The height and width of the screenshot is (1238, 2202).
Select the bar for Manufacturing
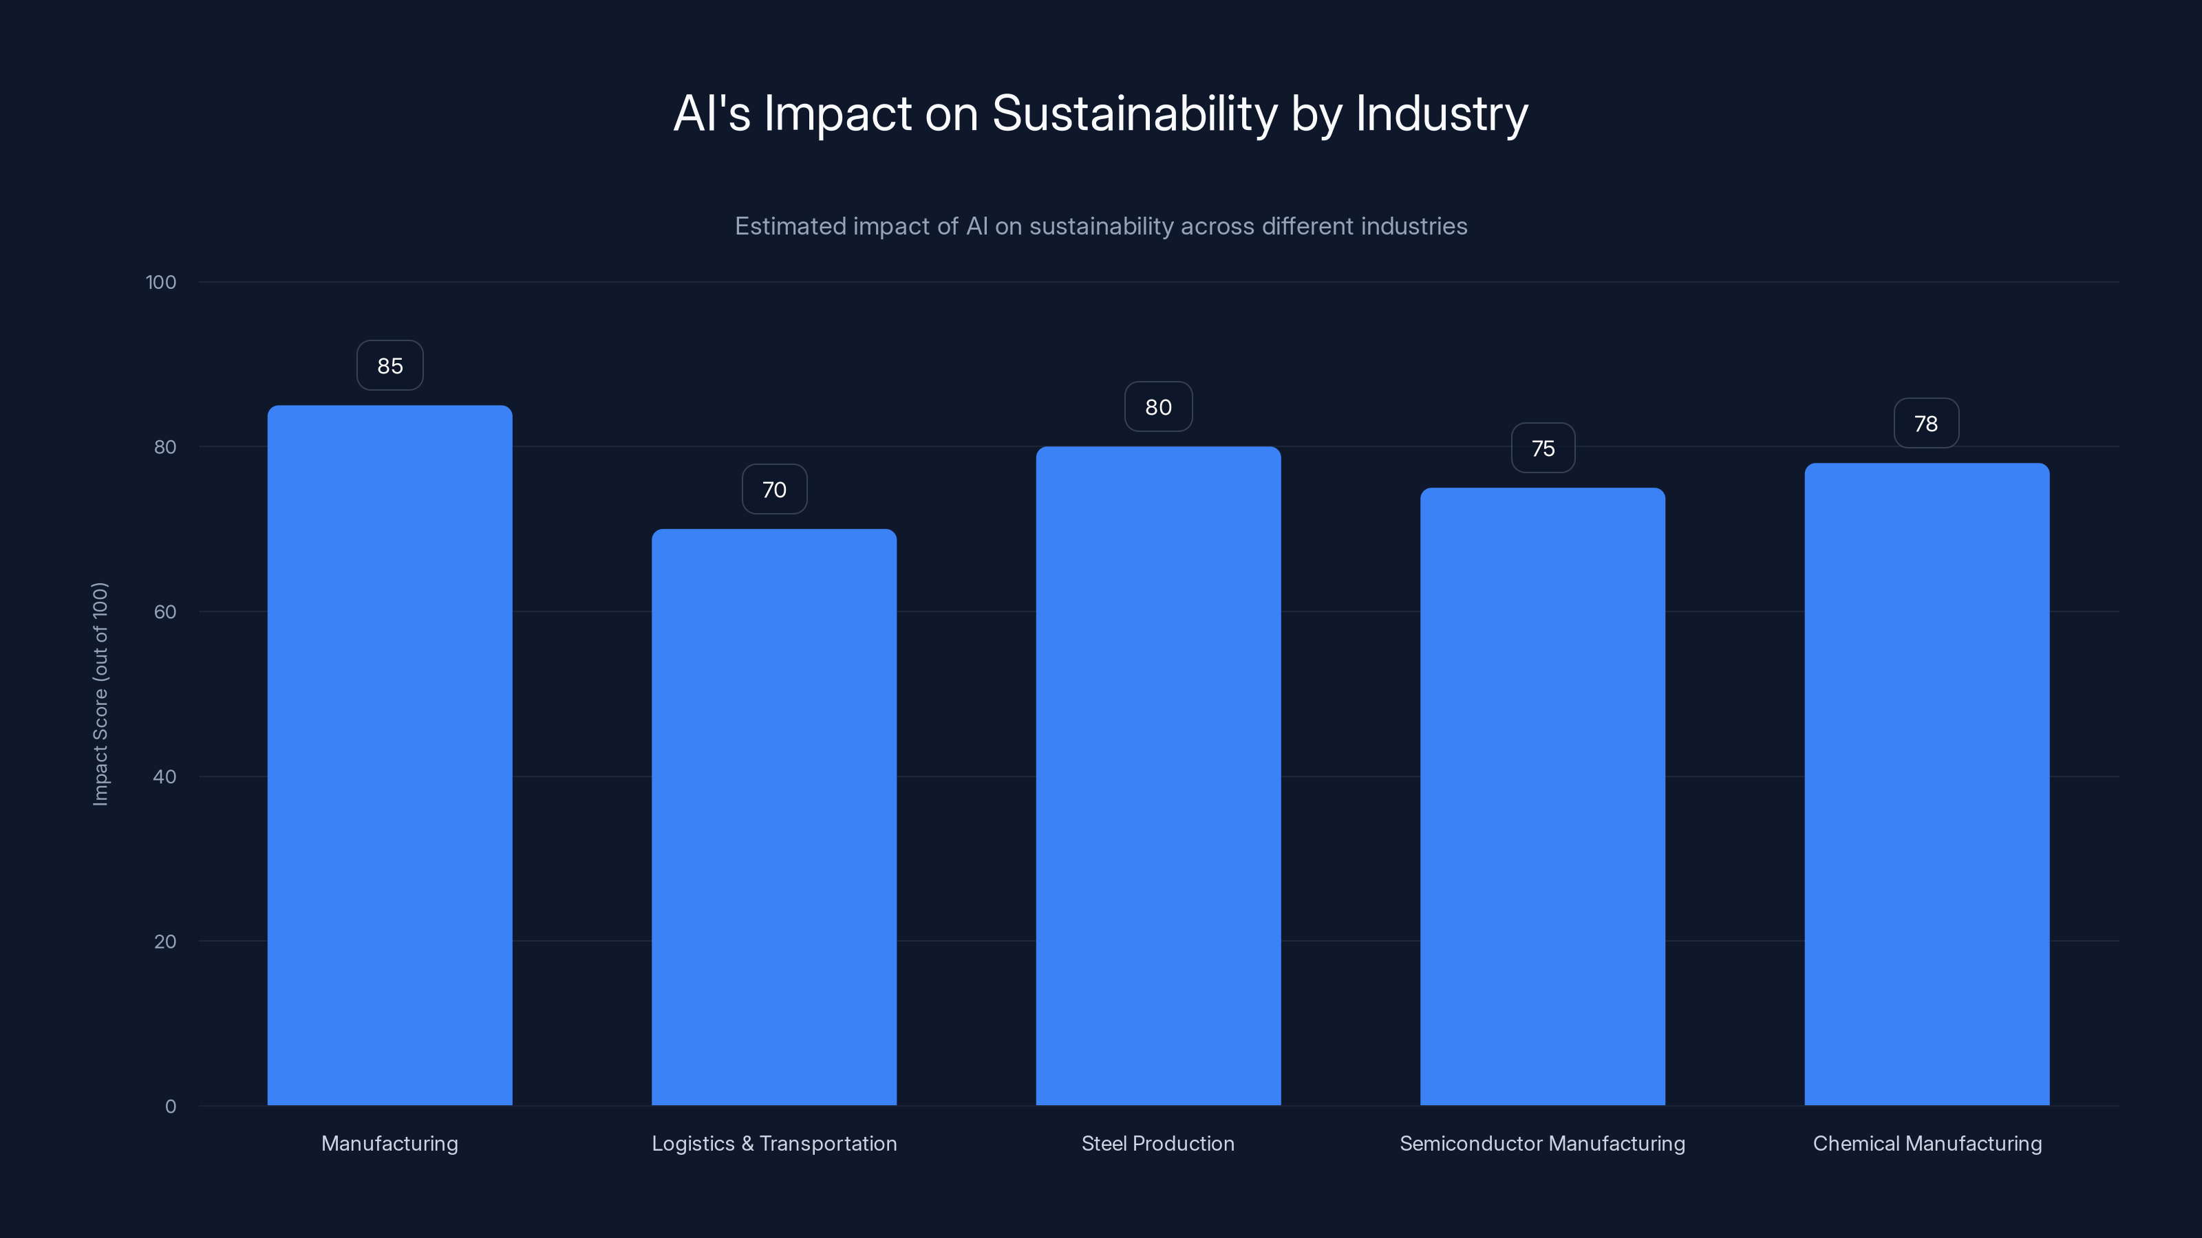[x=389, y=755]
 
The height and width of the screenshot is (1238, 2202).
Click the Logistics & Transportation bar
[x=773, y=817]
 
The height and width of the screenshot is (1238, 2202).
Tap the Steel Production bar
[x=1158, y=776]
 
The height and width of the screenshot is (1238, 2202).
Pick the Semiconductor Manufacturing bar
[x=1542, y=796]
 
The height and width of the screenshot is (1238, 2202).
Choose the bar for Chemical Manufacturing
[x=1927, y=784]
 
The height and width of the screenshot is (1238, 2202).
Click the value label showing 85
[x=389, y=366]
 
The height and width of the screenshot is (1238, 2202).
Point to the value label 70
[x=773, y=490]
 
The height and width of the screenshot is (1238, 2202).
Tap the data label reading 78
[x=1926, y=424]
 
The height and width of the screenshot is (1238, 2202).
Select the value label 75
[x=1542, y=448]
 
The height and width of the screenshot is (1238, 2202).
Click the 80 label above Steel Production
[x=1158, y=408]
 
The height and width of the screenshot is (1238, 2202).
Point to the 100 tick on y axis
[x=161, y=282]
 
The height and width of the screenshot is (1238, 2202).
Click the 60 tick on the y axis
[x=165, y=611]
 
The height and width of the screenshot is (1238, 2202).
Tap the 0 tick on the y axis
[x=170, y=1107]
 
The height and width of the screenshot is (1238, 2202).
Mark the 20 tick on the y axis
[x=165, y=942]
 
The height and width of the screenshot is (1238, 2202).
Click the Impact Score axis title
[x=100, y=694]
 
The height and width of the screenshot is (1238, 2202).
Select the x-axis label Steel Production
[x=1157, y=1143]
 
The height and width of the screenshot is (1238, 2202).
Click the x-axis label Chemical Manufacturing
[x=1927, y=1143]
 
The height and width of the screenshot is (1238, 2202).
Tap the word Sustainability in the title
[x=1134, y=113]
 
